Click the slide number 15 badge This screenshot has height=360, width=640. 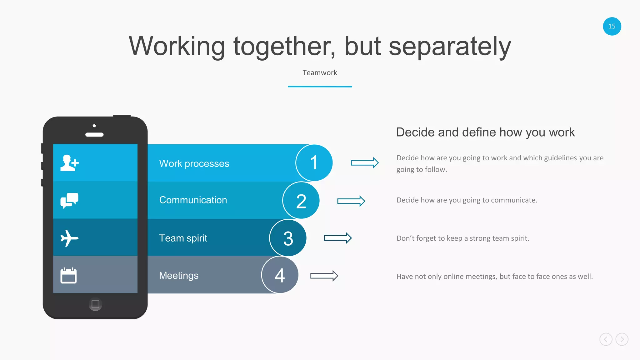coord(612,26)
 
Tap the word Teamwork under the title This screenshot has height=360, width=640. coord(320,73)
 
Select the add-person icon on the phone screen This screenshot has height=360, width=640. coord(69,163)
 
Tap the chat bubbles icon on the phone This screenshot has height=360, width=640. coord(69,200)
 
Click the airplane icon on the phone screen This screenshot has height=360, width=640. coord(69,238)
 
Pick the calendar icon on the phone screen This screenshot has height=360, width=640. coord(68,275)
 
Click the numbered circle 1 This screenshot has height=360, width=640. coord(314,163)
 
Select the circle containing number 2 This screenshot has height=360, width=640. coord(301,201)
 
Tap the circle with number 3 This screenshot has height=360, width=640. coord(288,238)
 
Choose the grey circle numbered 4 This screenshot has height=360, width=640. coord(280,275)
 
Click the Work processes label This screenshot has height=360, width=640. coord(194,163)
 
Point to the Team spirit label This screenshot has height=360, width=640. coord(183,238)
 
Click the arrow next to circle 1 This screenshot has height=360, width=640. coord(365,162)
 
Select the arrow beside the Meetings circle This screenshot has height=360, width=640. coord(324,276)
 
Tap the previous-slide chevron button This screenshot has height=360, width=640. coord(606,339)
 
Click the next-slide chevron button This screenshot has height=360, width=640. coord(622,339)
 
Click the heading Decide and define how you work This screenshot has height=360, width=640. coord(485,132)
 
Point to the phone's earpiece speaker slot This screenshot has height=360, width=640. coord(94,135)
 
